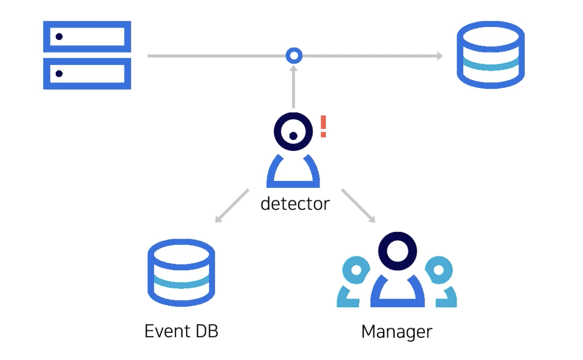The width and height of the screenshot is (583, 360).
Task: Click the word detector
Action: (295, 203)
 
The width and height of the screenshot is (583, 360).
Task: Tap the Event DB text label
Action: (181, 331)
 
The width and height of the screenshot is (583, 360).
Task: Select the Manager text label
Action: (397, 332)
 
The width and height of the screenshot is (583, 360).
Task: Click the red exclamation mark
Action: (323, 126)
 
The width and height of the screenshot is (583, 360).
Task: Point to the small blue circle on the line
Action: (294, 56)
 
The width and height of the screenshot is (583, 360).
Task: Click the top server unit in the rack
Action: (87, 36)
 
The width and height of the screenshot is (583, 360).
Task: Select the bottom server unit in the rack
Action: (87, 74)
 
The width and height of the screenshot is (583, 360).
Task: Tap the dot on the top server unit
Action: (59, 37)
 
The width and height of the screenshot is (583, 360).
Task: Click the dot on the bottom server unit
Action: (59, 74)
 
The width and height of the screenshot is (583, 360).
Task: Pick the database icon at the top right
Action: (491, 55)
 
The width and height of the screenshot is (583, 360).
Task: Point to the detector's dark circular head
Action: (293, 131)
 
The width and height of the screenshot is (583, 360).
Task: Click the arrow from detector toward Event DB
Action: (232, 206)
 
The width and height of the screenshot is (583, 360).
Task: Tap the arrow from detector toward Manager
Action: (358, 206)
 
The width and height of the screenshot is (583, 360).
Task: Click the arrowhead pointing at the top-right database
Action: (440, 56)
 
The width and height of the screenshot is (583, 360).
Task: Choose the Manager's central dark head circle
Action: (397, 251)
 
